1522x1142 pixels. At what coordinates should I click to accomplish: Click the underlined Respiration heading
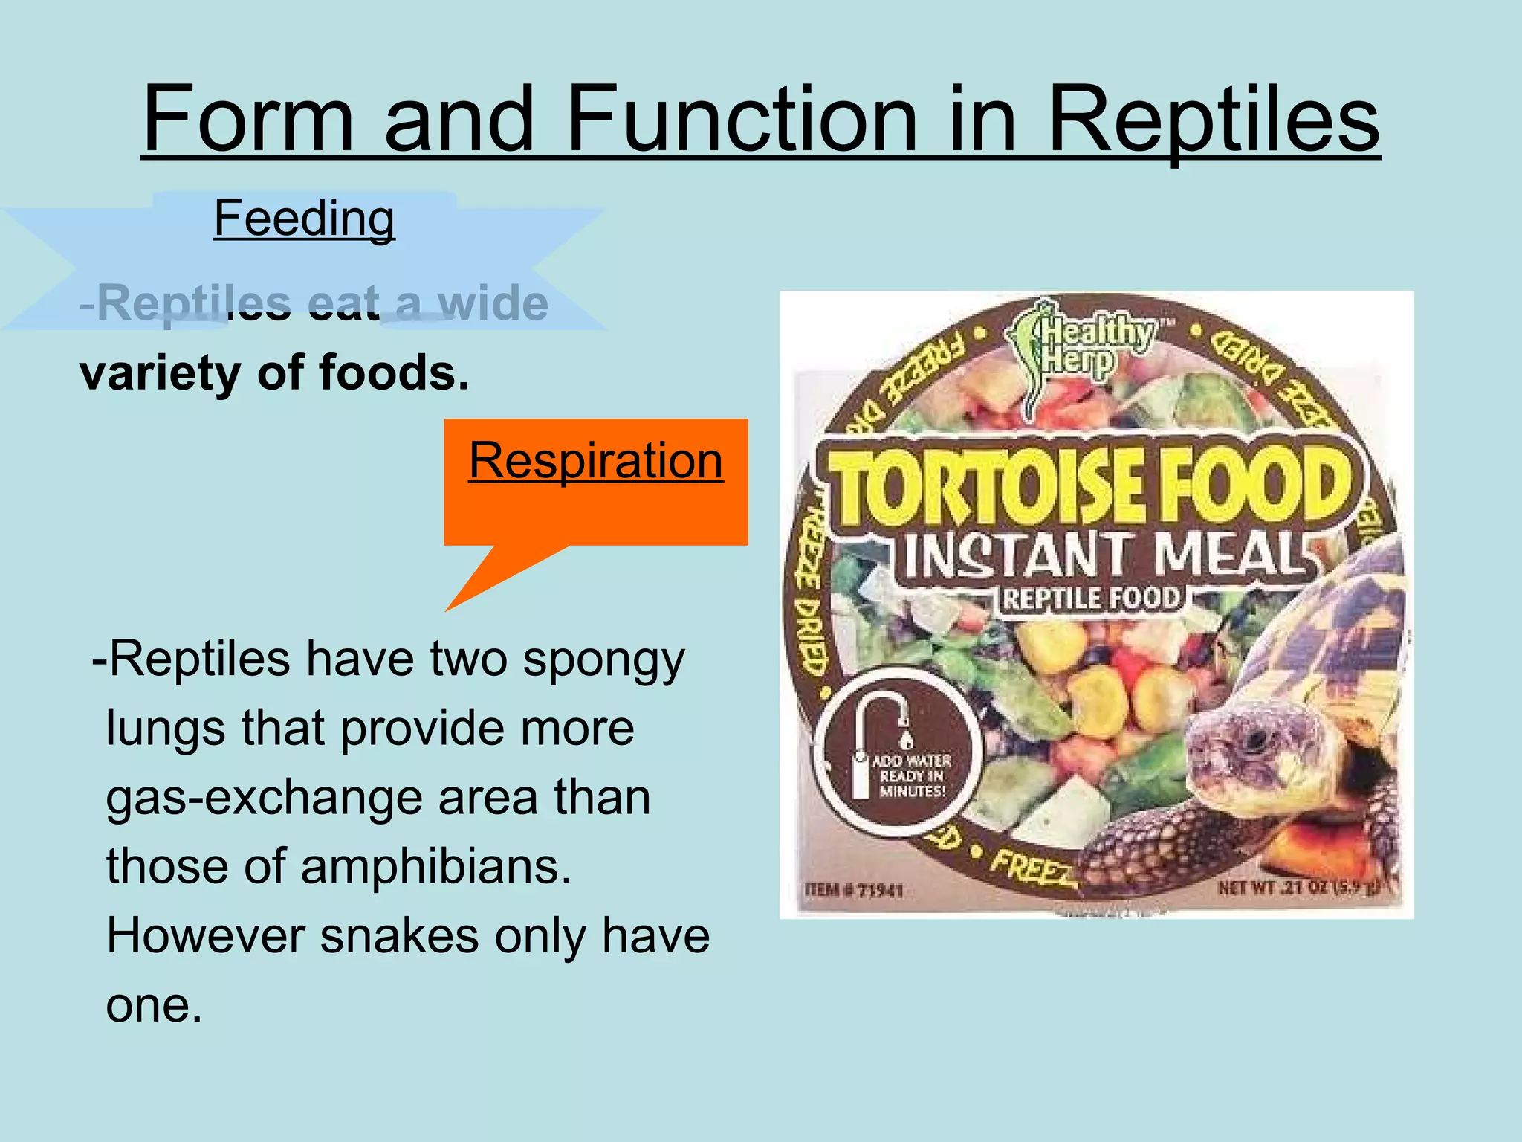click(595, 460)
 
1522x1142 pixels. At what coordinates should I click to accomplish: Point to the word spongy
click(603, 660)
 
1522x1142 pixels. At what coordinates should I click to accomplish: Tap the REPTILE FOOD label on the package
click(1091, 599)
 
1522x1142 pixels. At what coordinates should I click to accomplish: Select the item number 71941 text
click(855, 889)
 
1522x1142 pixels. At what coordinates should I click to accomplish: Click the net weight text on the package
click(1298, 887)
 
